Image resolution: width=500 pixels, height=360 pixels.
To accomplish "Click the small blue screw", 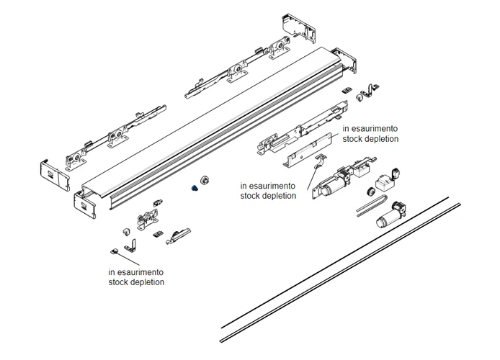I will pos(194,188).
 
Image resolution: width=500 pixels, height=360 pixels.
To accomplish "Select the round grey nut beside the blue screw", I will pos(204,179).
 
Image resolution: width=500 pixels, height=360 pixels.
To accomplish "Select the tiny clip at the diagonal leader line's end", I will pos(114,251).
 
